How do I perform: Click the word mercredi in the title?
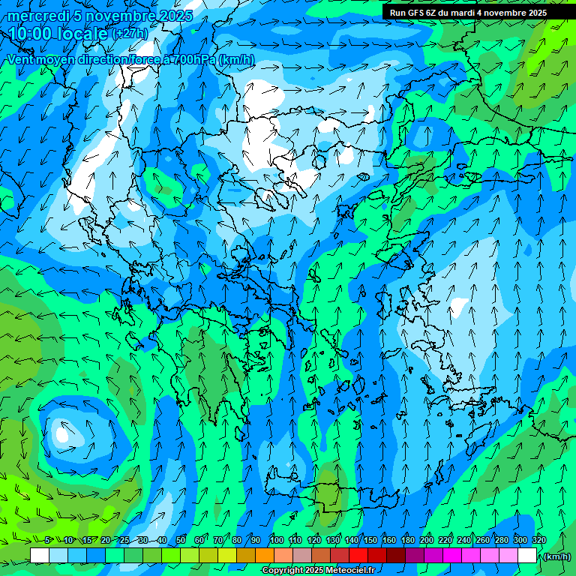pyautogui.click(x=37, y=16)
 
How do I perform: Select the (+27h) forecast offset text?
pyautogui.click(x=130, y=34)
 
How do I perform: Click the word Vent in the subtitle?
pyautogui.click(x=21, y=60)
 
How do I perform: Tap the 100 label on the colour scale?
pyautogui.click(x=277, y=540)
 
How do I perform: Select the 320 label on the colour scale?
pyautogui.click(x=539, y=540)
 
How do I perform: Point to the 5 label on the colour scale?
pyautogui.click(x=48, y=540)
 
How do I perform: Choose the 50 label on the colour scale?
pyautogui.click(x=181, y=540)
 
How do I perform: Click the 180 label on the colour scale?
pyautogui.click(x=407, y=540)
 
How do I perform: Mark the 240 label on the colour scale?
pyautogui.click(x=463, y=540)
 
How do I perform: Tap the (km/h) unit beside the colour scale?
pyautogui.click(x=556, y=556)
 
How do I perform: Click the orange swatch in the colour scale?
pyautogui.click(x=264, y=556)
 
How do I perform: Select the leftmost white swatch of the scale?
pyautogui.click(x=40, y=556)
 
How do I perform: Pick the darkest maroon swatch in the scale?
pyautogui.click(x=395, y=556)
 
